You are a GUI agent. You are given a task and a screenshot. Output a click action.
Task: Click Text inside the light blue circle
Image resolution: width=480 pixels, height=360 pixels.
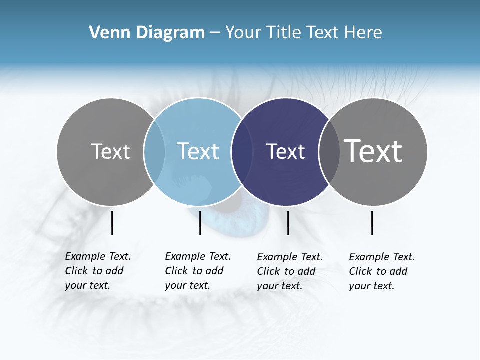[x=198, y=151]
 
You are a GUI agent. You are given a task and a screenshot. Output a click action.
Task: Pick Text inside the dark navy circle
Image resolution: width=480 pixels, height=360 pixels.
[x=285, y=151]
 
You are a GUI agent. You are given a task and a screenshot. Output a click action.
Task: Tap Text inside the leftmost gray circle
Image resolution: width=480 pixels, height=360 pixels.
[x=111, y=151]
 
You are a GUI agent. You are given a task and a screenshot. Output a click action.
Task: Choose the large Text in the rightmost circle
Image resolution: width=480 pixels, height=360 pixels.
[x=373, y=151]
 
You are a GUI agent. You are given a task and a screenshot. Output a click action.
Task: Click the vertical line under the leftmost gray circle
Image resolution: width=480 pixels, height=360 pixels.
[x=112, y=223]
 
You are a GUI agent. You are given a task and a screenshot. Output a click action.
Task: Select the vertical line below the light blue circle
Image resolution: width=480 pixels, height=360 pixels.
[x=200, y=223]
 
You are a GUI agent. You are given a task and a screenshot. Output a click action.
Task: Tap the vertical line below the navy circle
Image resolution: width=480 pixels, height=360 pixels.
[x=288, y=223]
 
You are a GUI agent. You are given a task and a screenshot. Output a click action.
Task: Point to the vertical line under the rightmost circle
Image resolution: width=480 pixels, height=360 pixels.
[x=372, y=223]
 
